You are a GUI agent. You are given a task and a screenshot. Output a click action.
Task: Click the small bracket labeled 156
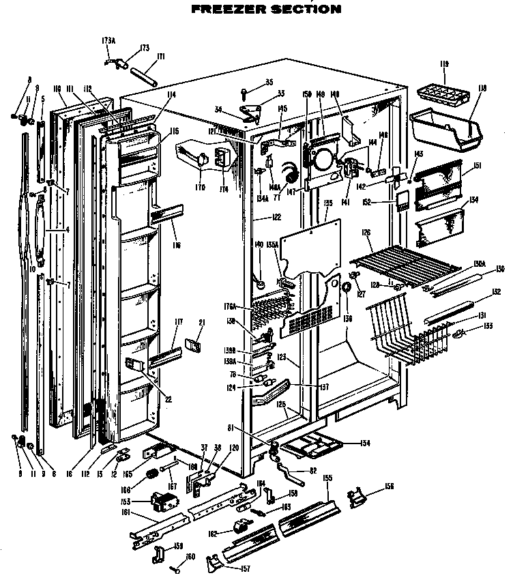point(357,498)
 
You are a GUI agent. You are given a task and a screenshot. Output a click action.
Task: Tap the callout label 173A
point(108,41)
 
